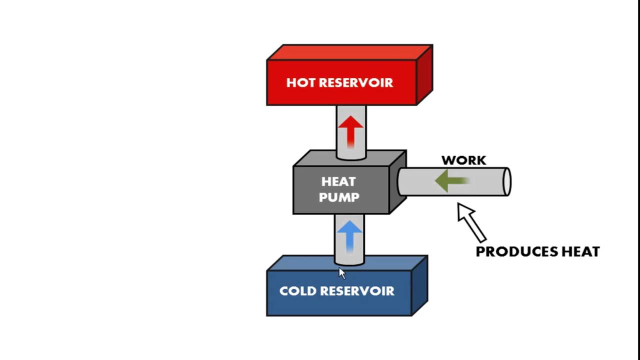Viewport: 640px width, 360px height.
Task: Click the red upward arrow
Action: (x=350, y=130)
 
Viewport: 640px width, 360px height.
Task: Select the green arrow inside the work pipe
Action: (x=450, y=180)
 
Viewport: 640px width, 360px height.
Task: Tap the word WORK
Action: (x=463, y=160)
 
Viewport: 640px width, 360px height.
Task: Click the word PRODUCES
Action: (x=515, y=251)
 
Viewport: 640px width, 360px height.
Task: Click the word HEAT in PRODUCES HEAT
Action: (x=579, y=251)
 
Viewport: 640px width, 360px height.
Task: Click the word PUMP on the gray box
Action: (x=339, y=197)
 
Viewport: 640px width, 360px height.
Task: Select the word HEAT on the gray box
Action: (x=338, y=181)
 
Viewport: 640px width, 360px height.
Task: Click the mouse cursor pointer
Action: (x=342, y=273)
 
